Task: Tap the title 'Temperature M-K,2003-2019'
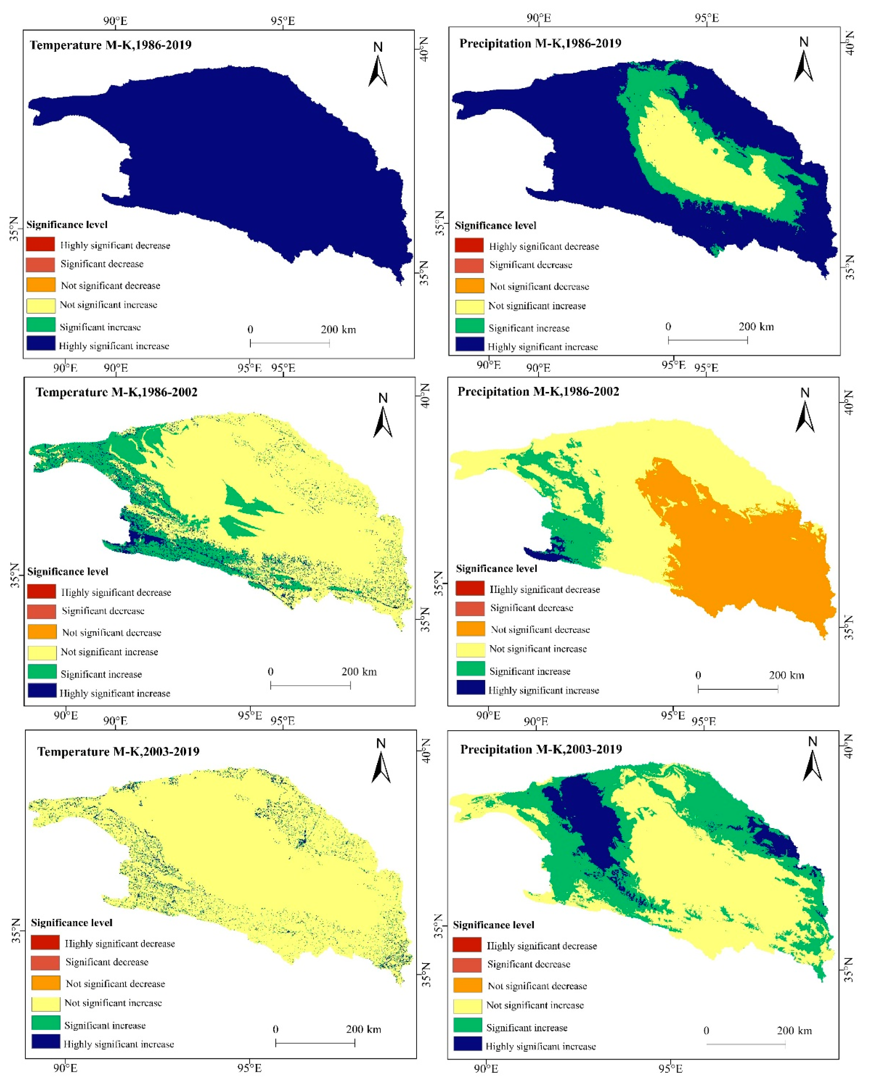[x=118, y=752]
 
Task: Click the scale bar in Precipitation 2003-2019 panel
[x=746, y=1044]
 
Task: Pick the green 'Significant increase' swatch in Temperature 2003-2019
[x=45, y=1023]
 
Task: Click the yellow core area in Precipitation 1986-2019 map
[x=705, y=161]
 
